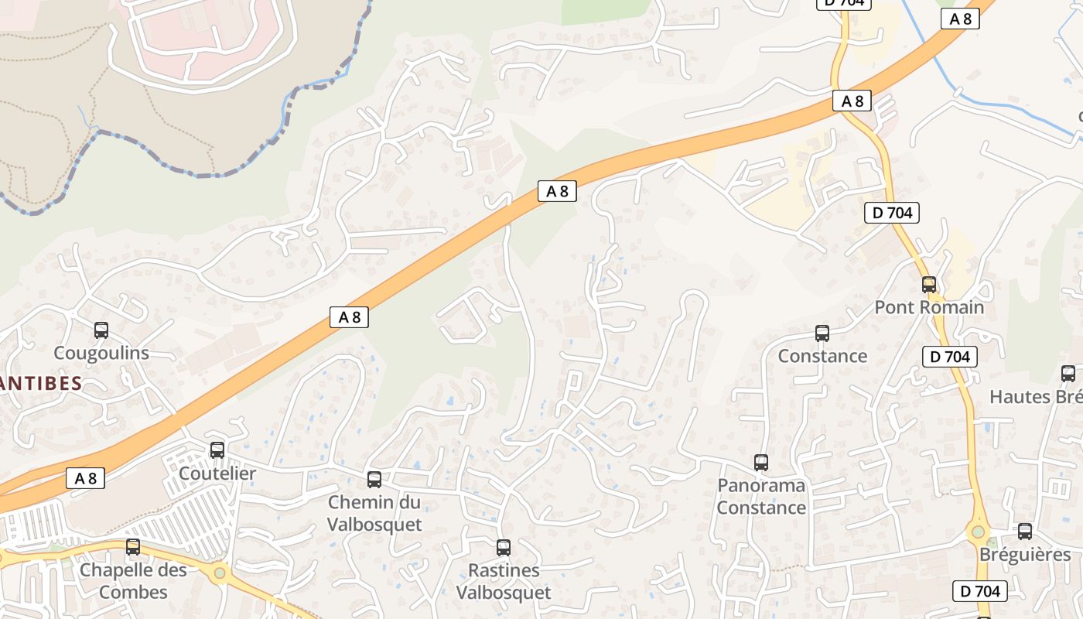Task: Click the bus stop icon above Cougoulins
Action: [x=101, y=330]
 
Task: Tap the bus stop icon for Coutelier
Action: [x=217, y=450]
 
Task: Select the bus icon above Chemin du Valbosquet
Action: [x=374, y=480]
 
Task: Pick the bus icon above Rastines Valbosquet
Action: [x=504, y=548]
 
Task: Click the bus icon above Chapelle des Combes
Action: [x=133, y=547]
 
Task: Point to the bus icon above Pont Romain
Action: [x=929, y=285]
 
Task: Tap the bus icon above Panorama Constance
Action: [x=761, y=463]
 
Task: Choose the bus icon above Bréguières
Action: [x=1025, y=532]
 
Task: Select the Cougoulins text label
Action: [x=101, y=353]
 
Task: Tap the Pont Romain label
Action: [x=929, y=307]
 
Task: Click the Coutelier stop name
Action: [x=217, y=473]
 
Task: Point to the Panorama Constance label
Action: [x=761, y=497]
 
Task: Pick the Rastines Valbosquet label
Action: [x=504, y=581]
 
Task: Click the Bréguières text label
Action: [x=1025, y=555]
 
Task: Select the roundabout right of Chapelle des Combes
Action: [x=220, y=573]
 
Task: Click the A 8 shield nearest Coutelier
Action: [x=85, y=478]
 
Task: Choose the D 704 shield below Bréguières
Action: [x=979, y=591]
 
